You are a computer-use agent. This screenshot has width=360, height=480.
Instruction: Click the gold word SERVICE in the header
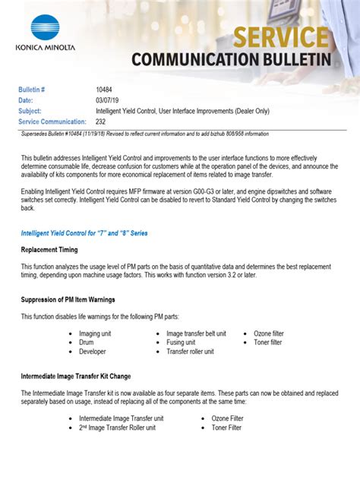click(281, 36)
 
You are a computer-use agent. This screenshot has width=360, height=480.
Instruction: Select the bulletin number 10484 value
click(106, 90)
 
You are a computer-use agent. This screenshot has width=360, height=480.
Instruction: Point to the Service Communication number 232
click(102, 122)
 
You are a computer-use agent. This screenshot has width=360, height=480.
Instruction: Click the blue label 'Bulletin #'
click(32, 90)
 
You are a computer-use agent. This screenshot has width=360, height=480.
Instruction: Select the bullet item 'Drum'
click(87, 343)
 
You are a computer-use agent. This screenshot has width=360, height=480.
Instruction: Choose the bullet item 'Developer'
click(93, 352)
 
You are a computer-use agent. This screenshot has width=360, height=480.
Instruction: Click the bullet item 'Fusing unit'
click(185, 343)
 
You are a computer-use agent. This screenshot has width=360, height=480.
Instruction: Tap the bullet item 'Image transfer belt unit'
click(196, 333)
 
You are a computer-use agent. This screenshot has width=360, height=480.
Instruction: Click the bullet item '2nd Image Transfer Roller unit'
click(117, 428)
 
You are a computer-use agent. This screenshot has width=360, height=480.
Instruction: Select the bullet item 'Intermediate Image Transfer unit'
click(122, 418)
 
